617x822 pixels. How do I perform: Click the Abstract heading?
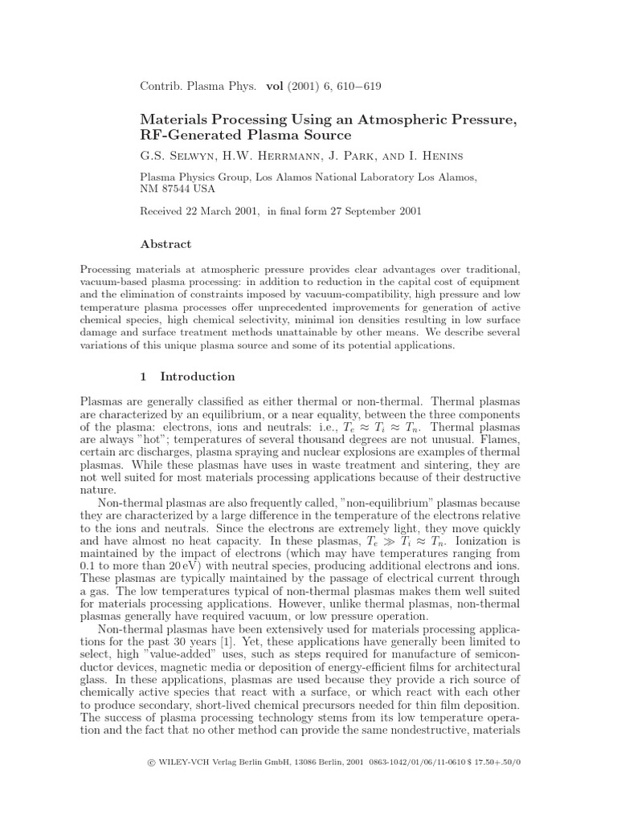click(x=165, y=244)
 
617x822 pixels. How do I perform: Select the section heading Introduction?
click(x=198, y=376)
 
